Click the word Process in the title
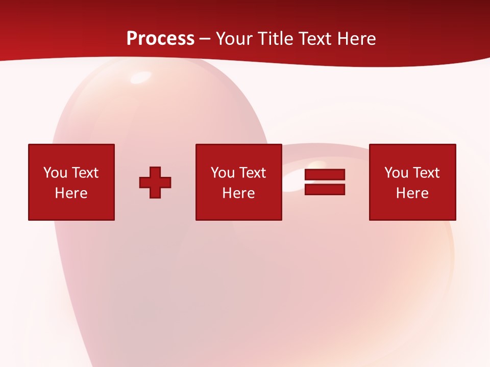pos(160,39)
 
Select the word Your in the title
pos(234,39)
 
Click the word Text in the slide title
pos(315,39)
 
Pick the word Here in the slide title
pos(357,39)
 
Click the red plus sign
pos(155,182)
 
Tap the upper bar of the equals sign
pos(325,175)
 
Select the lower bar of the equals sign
pos(325,190)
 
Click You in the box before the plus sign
pos(55,173)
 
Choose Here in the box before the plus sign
pos(71,193)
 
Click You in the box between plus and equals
pos(222,173)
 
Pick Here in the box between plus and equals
pos(238,193)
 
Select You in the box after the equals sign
pos(396,173)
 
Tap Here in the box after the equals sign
pos(412,193)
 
